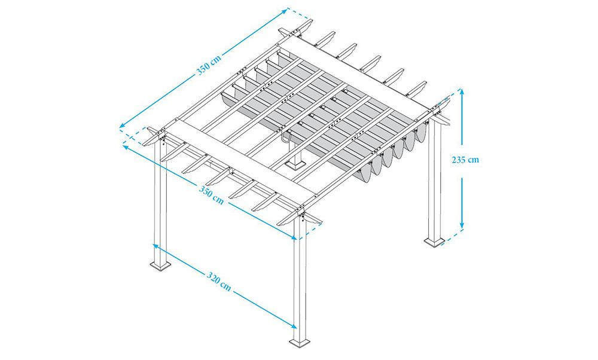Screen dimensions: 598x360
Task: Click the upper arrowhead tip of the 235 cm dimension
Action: [462, 89]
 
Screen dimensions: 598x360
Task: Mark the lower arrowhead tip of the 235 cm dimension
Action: [462, 229]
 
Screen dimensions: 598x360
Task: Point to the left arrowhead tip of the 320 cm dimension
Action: [153, 244]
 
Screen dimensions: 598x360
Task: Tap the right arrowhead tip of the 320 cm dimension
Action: [297, 327]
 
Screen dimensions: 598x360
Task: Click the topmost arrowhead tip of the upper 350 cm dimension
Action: [287, 9]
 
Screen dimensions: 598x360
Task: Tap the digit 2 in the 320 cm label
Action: [214, 278]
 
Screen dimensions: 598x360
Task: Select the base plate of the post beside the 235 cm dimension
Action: [434, 242]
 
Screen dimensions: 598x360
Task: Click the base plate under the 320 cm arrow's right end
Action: [300, 343]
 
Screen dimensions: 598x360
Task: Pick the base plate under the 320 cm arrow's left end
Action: [160, 266]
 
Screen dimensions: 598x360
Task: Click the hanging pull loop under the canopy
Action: [286, 136]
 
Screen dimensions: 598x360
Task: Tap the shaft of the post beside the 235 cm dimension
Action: [434, 179]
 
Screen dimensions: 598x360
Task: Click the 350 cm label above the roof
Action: [209, 63]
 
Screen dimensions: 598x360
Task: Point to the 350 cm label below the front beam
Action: [211, 194]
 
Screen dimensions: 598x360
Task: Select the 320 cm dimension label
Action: [219, 281]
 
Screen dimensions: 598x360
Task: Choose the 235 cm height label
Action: [465, 160]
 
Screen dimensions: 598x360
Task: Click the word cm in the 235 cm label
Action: [474, 160]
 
